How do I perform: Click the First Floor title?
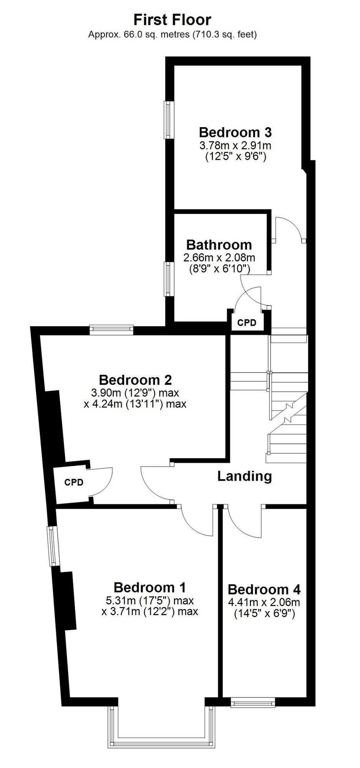(x=172, y=20)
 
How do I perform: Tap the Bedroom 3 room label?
(x=235, y=132)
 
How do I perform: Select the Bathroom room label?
(x=219, y=245)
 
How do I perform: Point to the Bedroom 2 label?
(x=135, y=380)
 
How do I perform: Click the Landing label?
(x=245, y=476)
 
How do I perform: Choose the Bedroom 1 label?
(x=150, y=587)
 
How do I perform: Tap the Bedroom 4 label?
(x=264, y=589)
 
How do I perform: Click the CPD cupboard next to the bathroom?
(x=247, y=323)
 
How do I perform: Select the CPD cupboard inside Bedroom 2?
(x=74, y=482)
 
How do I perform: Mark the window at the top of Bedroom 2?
(x=111, y=329)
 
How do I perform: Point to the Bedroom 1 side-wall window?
(x=53, y=546)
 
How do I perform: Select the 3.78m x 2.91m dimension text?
(x=235, y=146)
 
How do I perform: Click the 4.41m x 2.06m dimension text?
(x=264, y=602)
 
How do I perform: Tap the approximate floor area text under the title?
(x=173, y=35)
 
